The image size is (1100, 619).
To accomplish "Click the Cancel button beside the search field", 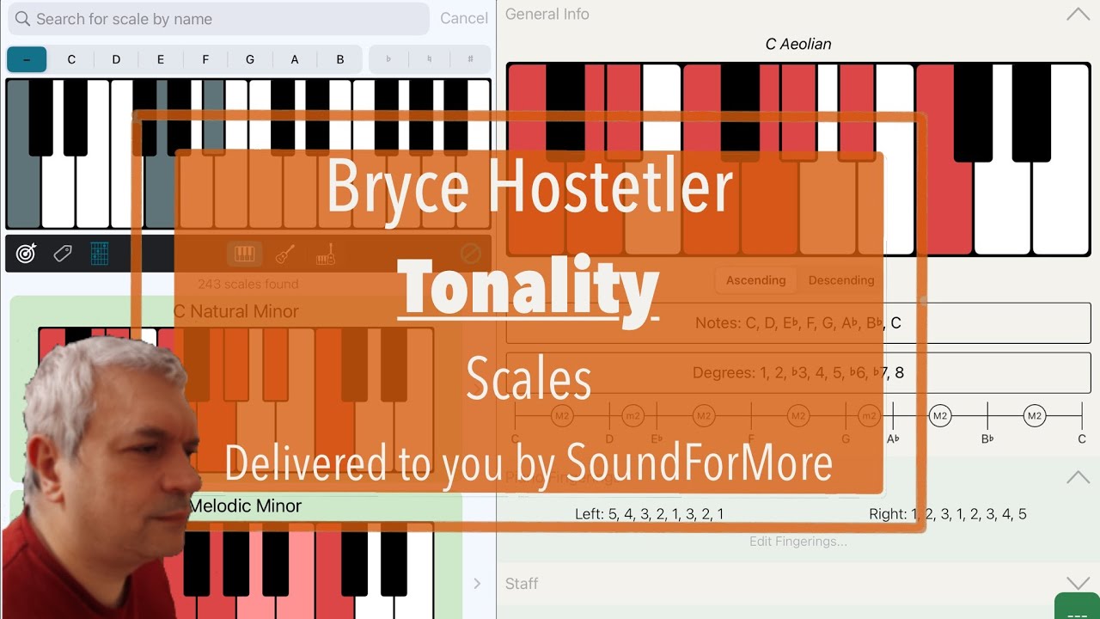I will pos(463,18).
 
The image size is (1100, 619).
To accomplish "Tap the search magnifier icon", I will pos(22,19).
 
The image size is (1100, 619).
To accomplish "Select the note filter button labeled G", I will pos(250,59).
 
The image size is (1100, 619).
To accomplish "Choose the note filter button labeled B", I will pos(340,59).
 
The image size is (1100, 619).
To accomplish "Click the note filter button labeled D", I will pos(116,59).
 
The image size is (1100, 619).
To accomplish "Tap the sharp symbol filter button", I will pos(470,59).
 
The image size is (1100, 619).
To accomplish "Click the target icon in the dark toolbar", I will pos(27,254).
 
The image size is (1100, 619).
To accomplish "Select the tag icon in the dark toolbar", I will pos(63,254).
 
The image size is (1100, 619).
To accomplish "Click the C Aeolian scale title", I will pos(798,44).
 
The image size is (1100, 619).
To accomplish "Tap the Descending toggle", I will pos(840,280).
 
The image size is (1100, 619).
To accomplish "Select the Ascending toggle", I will pos(755,280).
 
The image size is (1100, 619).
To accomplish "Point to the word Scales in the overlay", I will pos(529,380).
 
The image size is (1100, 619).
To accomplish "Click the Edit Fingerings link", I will pos(797,542).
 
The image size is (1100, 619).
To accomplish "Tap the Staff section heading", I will pos(522,584).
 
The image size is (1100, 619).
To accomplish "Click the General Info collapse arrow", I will pos(1077,14).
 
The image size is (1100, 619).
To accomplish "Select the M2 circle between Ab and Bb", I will pos(940,416).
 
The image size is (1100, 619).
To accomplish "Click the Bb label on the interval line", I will pos(987,439).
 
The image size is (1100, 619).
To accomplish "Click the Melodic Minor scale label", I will pos(245,506).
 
